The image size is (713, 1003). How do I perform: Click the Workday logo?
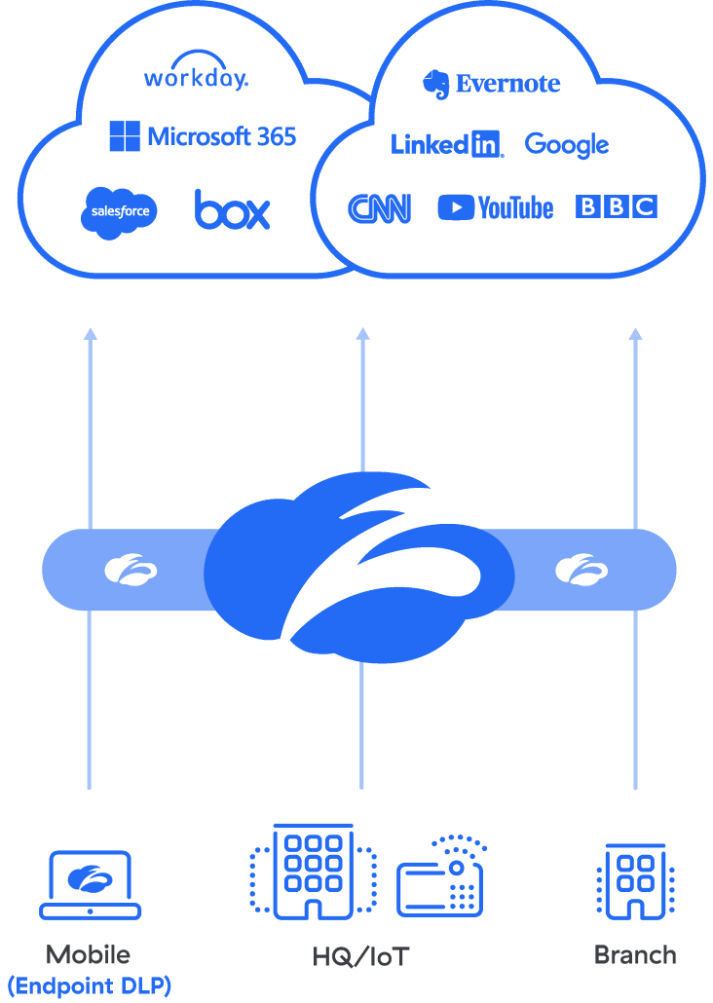coord(196,75)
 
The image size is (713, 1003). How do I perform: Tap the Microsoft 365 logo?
coord(203,136)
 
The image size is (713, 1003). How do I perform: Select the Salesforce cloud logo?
coord(119,210)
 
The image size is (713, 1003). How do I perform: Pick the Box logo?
coord(232,209)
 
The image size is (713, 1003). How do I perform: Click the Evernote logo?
coord(492,85)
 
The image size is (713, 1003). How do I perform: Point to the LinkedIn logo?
coord(446,145)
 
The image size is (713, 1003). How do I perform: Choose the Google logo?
coord(567,146)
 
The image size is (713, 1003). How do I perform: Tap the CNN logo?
coord(379,208)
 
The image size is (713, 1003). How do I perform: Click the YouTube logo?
coord(496,207)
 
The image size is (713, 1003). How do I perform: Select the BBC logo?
coord(617,206)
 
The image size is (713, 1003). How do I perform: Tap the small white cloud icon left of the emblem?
coord(131,569)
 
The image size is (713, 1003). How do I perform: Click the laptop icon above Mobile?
coord(91,883)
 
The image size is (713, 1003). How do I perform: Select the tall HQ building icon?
coord(313,872)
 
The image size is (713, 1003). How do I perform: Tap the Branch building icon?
coord(635,881)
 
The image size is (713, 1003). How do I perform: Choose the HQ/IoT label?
coord(360,957)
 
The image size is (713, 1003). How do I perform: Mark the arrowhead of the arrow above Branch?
coord(635,333)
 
